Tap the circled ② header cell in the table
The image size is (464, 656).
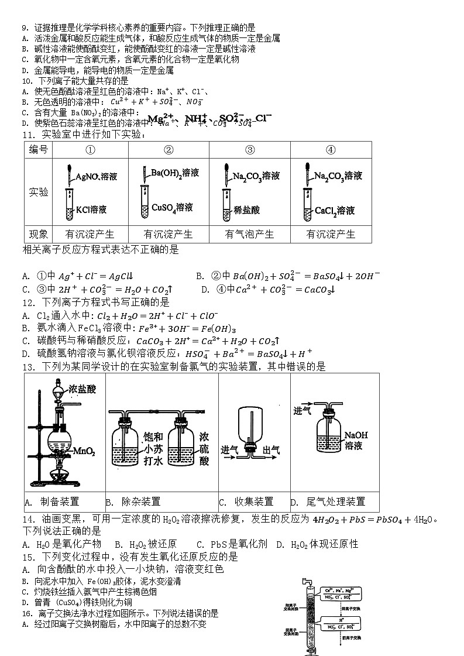[169, 150]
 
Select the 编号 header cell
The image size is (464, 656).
[39, 150]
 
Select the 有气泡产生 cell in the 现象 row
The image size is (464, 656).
[250, 234]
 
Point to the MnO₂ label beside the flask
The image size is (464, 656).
[84, 451]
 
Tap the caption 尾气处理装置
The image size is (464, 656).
[336, 502]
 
